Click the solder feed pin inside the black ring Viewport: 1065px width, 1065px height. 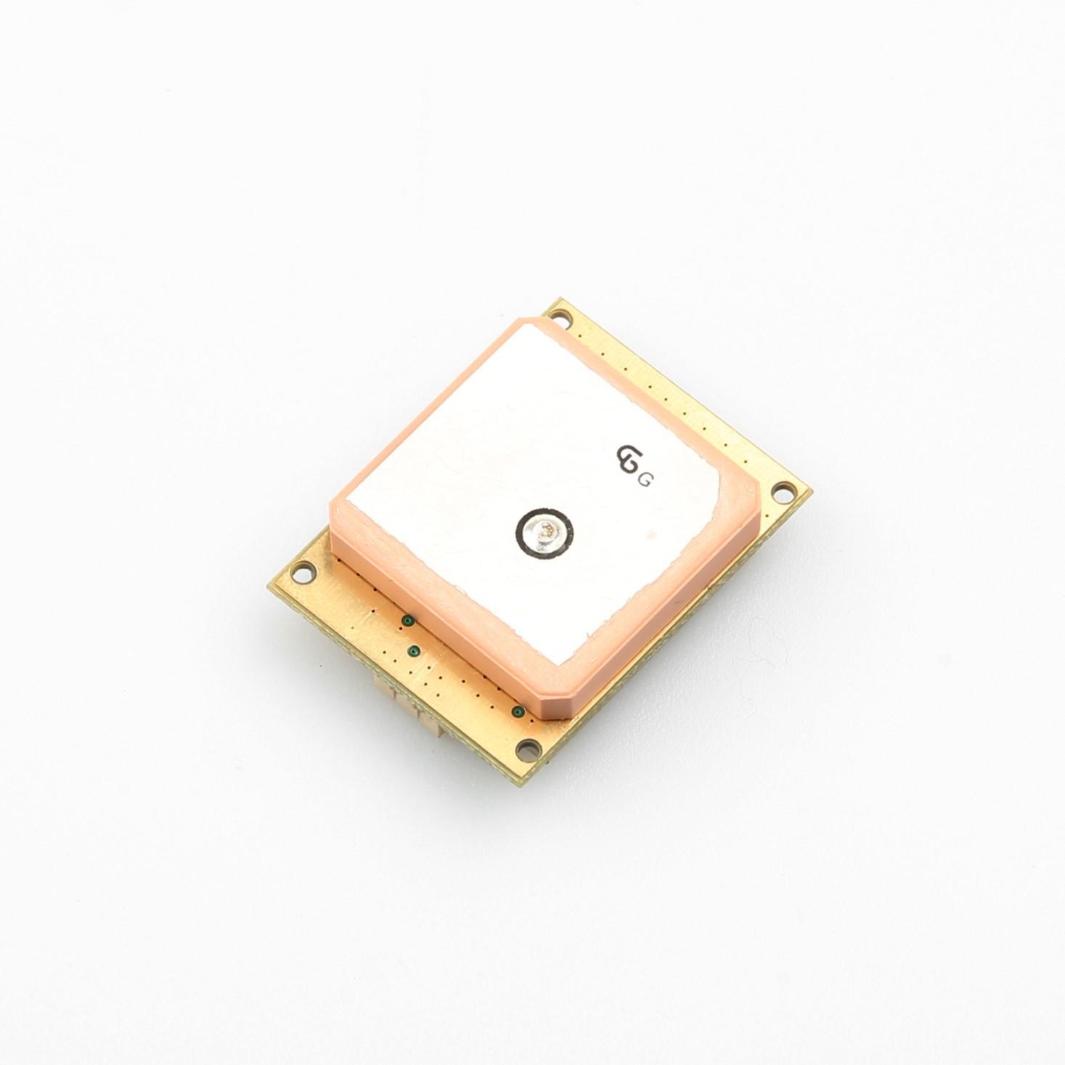[x=545, y=534]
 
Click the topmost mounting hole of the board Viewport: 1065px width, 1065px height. [x=563, y=318]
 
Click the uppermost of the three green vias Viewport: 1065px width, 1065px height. [x=407, y=621]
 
